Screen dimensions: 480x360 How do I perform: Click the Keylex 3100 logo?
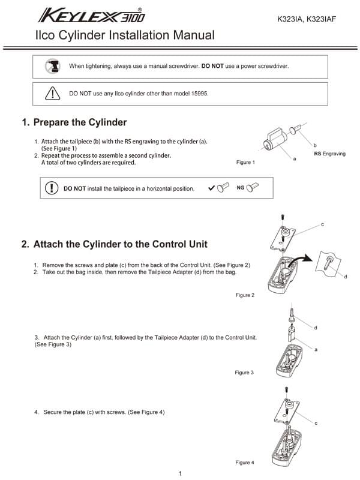[92, 14]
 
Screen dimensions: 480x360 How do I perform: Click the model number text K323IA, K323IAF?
[306, 19]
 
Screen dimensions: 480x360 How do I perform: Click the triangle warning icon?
[53, 94]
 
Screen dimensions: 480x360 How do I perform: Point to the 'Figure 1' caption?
[245, 163]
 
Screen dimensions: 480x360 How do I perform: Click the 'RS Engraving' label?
[330, 154]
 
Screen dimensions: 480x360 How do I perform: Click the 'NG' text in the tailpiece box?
[240, 188]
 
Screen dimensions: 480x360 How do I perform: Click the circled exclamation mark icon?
[52, 188]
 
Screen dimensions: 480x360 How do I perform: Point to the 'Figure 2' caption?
[245, 295]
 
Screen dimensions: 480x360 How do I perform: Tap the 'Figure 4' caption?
[245, 463]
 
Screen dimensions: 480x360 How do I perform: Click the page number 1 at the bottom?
[180, 474]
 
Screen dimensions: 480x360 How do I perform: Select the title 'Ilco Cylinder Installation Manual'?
[125, 35]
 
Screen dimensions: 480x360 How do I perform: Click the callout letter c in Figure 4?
[316, 424]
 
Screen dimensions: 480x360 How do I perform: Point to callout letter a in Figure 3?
[316, 349]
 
